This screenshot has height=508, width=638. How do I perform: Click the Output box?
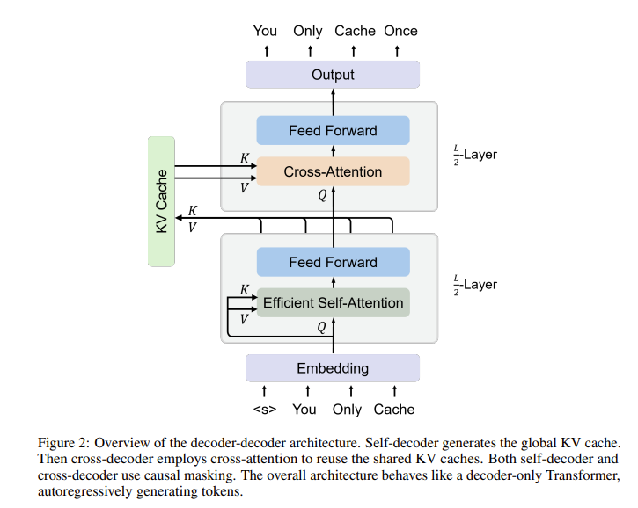coord(332,75)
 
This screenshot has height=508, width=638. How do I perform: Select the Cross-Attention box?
coord(333,171)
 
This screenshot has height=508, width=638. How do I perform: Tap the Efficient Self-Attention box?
coord(333,302)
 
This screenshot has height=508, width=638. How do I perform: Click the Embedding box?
coord(332,368)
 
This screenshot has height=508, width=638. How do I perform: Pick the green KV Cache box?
coord(163,200)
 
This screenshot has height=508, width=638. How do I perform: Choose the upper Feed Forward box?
coord(333,131)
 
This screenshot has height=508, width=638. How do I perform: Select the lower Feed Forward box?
coord(333,262)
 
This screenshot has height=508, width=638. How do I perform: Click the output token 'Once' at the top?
coord(400,31)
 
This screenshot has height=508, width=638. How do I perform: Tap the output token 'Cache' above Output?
coord(355,31)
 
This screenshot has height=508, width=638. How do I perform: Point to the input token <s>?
coord(265,409)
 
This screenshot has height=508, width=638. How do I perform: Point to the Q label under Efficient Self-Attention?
coord(322,327)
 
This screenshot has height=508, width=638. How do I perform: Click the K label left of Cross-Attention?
coord(245,159)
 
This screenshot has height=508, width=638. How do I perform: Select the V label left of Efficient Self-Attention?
coord(245,319)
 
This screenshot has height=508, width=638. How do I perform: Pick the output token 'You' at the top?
coord(265,31)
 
